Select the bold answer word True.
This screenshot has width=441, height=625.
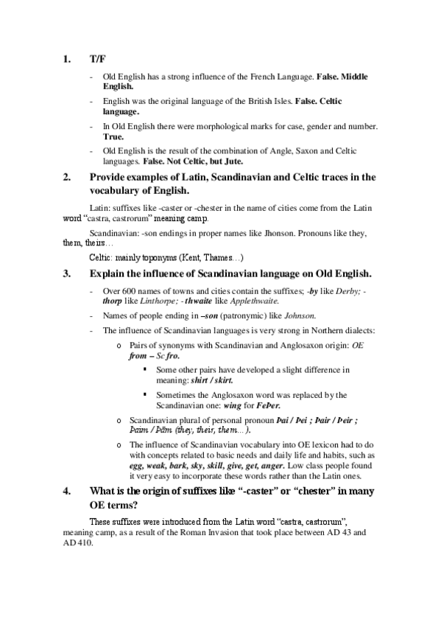point(113,136)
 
